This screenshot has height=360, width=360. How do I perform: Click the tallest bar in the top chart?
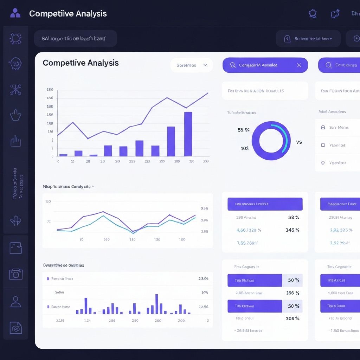pos(188,134)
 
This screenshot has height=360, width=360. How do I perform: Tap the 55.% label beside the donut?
pos(244,130)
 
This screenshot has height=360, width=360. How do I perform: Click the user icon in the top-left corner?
pos(15,13)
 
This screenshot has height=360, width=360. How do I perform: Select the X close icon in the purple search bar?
pos(299,65)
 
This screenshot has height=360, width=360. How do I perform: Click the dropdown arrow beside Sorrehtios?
pos(206,65)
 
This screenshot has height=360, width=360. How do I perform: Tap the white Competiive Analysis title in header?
pos(68,14)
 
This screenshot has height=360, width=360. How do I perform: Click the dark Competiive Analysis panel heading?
pos(81,63)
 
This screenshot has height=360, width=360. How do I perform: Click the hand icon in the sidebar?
pos(15,115)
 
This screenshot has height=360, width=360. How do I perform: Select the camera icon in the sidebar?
pos(16,274)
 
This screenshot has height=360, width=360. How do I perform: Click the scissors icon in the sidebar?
pos(15,89)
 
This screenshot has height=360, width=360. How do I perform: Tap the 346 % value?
pos(292,230)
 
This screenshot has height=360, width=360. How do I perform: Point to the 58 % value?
pos(294,217)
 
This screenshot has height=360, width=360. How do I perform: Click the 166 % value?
pos(292,293)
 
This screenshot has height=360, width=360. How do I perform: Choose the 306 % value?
pos(292,319)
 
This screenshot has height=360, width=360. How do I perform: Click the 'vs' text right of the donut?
pos(299,142)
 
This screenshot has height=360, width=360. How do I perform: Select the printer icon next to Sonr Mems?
pos(323,128)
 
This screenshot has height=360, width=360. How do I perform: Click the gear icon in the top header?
pos(312,14)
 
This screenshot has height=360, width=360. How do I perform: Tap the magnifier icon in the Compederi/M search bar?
pos(233,65)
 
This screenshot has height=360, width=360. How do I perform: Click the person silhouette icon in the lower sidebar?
pos(16,301)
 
